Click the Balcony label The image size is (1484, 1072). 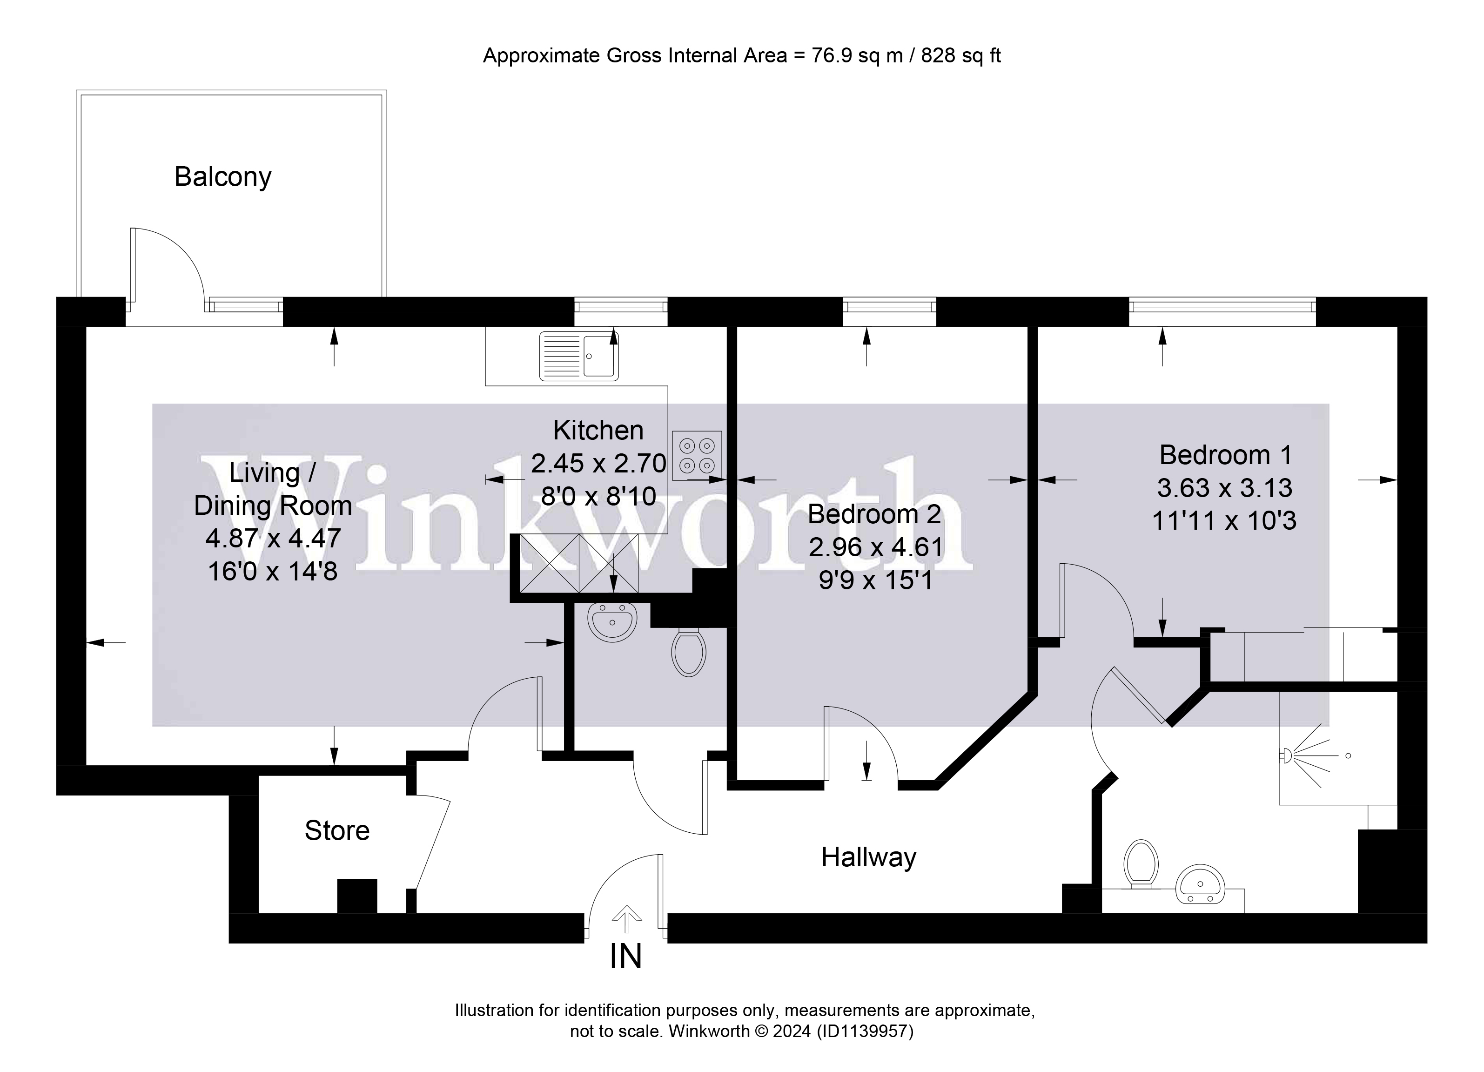click(222, 177)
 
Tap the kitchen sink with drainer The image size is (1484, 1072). click(578, 356)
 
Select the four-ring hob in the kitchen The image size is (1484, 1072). click(696, 456)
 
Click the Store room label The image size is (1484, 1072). click(337, 830)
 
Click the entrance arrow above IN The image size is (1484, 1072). click(626, 919)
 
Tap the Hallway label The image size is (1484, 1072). click(868, 857)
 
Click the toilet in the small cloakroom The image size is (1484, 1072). click(688, 651)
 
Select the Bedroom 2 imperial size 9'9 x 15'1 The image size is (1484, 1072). click(875, 580)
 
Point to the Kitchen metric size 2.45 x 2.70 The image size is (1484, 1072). click(598, 463)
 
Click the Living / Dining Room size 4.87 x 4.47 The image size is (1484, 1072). click(273, 538)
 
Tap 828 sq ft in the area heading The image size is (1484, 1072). click(960, 56)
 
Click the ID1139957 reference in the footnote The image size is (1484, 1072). click(863, 1032)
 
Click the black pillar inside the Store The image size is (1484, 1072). click(356, 896)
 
